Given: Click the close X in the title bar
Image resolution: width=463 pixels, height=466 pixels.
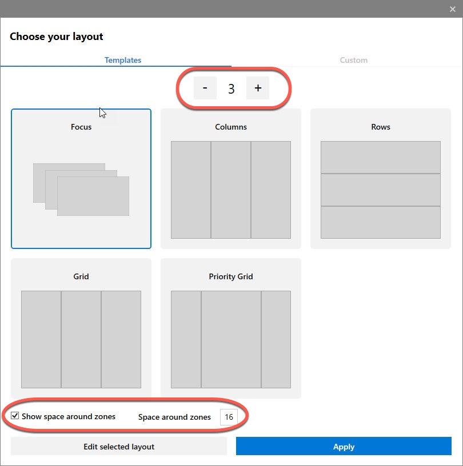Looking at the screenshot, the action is [453, 9].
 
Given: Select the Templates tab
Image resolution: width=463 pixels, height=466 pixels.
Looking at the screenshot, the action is [123, 60].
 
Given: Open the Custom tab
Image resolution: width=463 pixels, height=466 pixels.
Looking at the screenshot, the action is [353, 60].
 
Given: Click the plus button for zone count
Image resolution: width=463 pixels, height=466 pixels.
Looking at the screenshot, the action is [258, 88].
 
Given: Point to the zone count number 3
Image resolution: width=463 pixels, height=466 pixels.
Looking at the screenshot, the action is [231, 89].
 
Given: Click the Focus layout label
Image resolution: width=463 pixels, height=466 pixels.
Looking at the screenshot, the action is [81, 127].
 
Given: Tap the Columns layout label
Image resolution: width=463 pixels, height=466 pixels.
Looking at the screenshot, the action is [231, 127].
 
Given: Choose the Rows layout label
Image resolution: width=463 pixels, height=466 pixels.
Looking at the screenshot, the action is [381, 127].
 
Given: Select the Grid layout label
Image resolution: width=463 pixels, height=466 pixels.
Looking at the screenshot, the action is [81, 276].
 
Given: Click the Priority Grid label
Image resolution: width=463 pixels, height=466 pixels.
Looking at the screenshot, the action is [231, 276].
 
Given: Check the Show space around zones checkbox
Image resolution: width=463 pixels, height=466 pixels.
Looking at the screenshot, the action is [15, 416].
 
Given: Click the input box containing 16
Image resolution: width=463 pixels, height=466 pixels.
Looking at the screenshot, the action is [229, 417].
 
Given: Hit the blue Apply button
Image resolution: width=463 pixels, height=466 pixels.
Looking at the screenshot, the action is [344, 446].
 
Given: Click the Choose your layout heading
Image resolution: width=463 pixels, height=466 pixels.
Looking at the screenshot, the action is [57, 37].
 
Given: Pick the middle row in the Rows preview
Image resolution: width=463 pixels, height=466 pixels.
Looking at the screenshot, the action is [381, 190].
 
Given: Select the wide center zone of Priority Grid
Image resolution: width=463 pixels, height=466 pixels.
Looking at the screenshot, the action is [231, 339].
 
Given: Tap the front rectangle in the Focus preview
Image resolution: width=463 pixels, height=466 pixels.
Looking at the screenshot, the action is [93, 196].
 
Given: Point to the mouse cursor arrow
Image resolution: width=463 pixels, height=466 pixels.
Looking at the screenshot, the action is [102, 113].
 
